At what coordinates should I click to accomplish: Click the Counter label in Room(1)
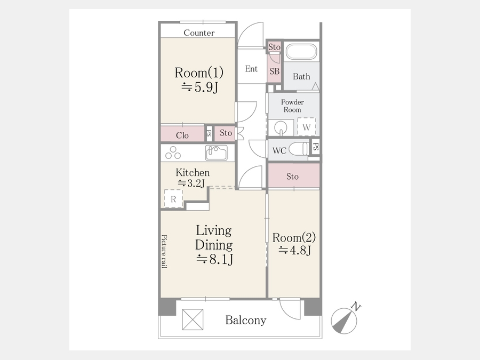point(199,33)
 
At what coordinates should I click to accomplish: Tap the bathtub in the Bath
point(301,52)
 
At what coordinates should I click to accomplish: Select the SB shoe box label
point(275,71)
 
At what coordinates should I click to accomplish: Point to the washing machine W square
point(307,127)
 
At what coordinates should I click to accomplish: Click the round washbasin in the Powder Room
point(281,127)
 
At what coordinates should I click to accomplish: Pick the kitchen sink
point(217,153)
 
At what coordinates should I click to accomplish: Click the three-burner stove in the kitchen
point(173,153)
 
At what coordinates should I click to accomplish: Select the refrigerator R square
point(173,199)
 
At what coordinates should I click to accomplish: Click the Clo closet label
point(182,135)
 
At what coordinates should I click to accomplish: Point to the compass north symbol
point(345,320)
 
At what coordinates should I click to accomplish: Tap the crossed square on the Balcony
point(193,319)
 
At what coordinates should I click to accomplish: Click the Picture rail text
point(164,251)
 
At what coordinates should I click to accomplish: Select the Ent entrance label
point(251,69)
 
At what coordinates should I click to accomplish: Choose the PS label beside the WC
point(316,147)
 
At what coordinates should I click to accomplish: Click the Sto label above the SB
point(274,47)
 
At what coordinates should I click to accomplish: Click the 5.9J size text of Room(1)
point(199,87)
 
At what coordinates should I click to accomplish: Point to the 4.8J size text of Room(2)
point(294,251)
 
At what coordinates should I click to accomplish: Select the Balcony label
point(246,320)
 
